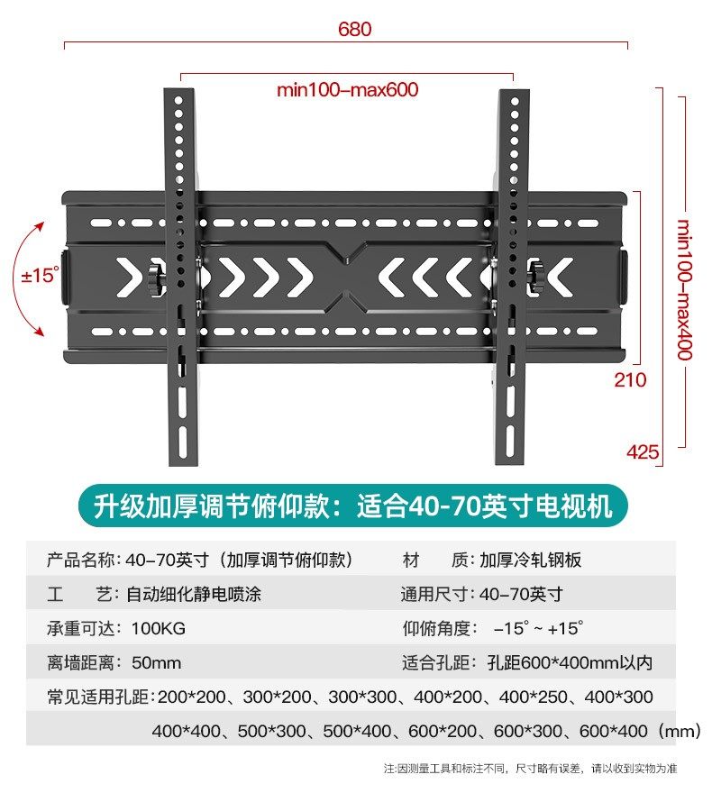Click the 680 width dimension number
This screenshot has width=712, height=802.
coord(354,29)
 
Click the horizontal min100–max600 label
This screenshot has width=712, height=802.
coord(347,90)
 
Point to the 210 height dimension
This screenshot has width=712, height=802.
coord(630,379)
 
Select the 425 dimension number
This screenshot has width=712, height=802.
coord(643,451)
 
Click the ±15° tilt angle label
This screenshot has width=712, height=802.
coord(40,276)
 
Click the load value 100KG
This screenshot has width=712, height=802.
coord(159,628)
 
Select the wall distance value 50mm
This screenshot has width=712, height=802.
coord(156,663)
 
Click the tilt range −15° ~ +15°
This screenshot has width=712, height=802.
coord(538,628)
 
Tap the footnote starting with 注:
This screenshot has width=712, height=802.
coord(530,769)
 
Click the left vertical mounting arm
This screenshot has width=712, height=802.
coord(180,270)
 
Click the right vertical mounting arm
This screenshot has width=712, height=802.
coord(513,270)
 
